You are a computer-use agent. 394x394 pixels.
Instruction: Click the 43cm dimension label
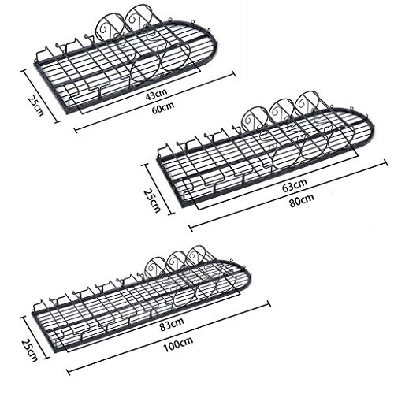[x=156, y=94]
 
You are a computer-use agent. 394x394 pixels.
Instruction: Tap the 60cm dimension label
[x=163, y=107]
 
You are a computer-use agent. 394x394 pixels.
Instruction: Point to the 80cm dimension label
[x=302, y=200]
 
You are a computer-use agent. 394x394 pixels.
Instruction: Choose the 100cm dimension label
[x=178, y=344]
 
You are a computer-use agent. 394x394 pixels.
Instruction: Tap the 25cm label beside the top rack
[x=36, y=106]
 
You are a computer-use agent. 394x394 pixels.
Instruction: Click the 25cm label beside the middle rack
[x=152, y=201]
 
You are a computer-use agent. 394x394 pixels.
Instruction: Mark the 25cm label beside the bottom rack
[x=30, y=351]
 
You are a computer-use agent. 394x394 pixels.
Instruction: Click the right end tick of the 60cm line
[x=232, y=74]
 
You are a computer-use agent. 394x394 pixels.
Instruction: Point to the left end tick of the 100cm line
[x=69, y=372]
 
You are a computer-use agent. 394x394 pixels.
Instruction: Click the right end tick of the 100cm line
[x=269, y=303]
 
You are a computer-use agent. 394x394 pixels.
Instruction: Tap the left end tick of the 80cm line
[x=191, y=228]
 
